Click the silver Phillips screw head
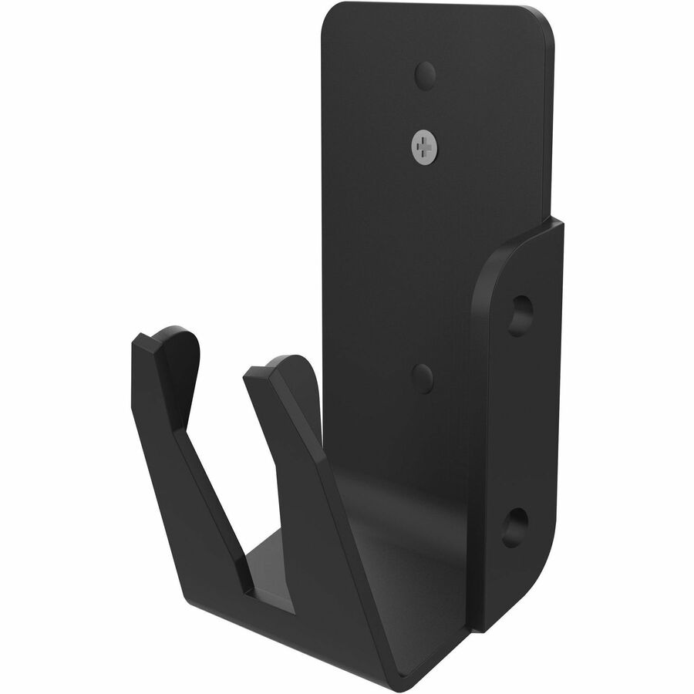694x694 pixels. click(x=425, y=145)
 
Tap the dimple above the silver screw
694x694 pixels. click(x=425, y=75)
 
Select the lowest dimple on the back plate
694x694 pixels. click(x=422, y=378)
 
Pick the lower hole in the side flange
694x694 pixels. click(x=516, y=527)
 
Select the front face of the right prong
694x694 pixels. click(x=324, y=524)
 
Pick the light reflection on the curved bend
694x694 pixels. click(x=386, y=494)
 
